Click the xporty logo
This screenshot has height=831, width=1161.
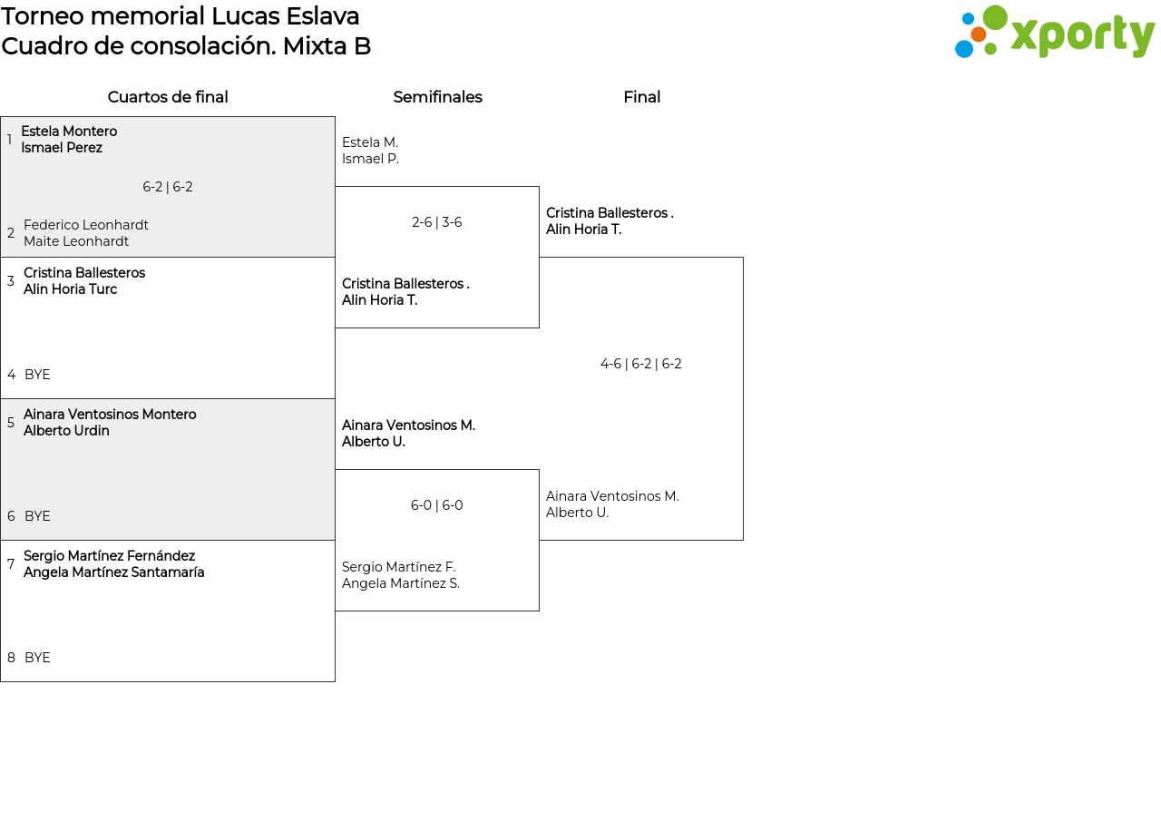click(x=1054, y=32)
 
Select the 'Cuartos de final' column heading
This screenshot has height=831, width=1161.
click(x=168, y=97)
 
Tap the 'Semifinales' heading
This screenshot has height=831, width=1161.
click(x=437, y=97)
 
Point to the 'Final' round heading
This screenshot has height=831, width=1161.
click(x=641, y=97)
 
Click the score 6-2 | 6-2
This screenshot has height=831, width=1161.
click(x=168, y=187)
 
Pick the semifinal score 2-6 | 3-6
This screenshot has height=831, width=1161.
click(x=437, y=222)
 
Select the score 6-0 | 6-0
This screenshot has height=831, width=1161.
click(x=437, y=505)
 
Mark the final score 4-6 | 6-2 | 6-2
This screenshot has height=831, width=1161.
click(x=640, y=364)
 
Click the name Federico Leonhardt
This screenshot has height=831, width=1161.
click(x=86, y=225)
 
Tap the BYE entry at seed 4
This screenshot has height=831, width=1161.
click(x=37, y=375)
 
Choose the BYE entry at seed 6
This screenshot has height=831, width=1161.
click(x=37, y=516)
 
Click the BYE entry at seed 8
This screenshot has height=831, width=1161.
click(x=37, y=658)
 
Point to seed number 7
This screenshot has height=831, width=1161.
click(x=11, y=564)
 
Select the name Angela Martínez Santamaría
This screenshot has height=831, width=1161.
click(x=114, y=572)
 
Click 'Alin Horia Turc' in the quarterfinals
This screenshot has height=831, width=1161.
click(x=71, y=289)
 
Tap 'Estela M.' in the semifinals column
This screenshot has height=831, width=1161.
click(x=370, y=142)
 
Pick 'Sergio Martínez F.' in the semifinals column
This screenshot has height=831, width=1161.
click(x=398, y=567)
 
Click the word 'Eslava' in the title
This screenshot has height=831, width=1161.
click(x=323, y=16)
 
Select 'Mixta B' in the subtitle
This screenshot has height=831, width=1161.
click(x=327, y=46)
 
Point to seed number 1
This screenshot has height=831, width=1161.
click(x=10, y=140)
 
